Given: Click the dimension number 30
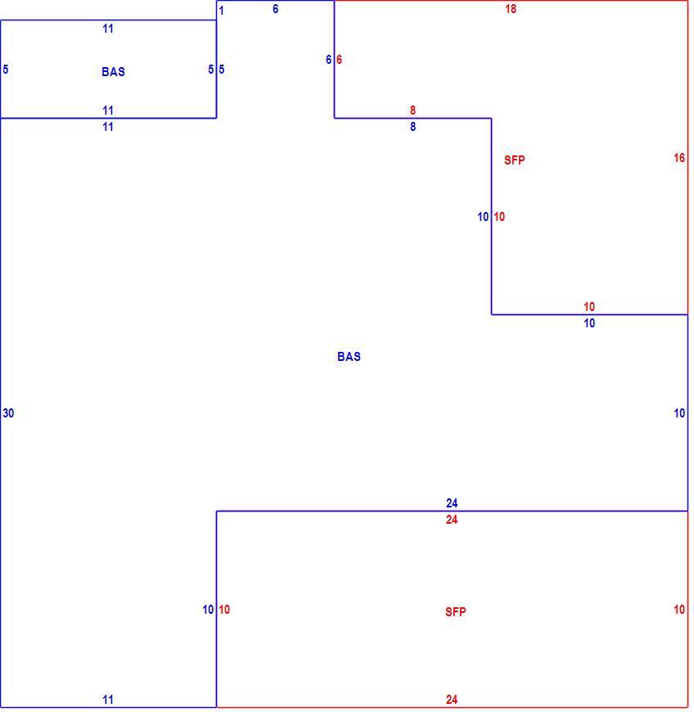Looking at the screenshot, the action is click(x=8, y=413).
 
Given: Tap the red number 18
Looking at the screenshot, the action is click(x=511, y=9).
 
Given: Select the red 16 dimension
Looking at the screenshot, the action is click(x=679, y=158).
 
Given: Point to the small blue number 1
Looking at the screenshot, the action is click(x=221, y=11).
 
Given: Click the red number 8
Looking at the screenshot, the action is click(x=412, y=110).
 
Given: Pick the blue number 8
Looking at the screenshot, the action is click(x=412, y=127).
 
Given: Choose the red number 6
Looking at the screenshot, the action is click(x=339, y=60).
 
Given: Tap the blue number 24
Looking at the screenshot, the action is click(x=452, y=503).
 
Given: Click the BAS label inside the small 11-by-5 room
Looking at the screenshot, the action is click(x=113, y=72).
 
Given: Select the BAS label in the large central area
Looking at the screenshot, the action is click(x=349, y=357).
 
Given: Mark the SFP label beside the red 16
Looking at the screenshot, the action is click(x=514, y=160).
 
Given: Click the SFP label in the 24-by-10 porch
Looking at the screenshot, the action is click(x=455, y=611).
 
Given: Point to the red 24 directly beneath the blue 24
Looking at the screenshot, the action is click(x=452, y=520).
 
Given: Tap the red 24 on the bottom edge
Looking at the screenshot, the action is click(x=452, y=700).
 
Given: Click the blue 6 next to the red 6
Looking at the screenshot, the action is click(x=328, y=60).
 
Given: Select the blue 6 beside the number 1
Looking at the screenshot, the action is click(x=275, y=9).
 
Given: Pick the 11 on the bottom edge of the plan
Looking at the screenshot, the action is click(x=108, y=700).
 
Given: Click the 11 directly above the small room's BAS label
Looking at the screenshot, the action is click(x=108, y=29).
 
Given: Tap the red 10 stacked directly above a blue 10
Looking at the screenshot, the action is click(x=589, y=307).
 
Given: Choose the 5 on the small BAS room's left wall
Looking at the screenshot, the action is click(x=6, y=70).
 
